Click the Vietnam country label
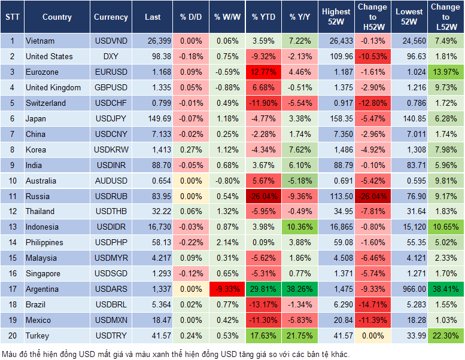coord(40,41)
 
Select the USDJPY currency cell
coord(111,118)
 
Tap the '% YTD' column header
coord(263,17)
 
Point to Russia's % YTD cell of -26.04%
coord(263,196)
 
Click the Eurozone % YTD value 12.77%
coord(263,72)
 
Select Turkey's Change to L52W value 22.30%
coord(445,336)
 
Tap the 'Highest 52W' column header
coord(336,17)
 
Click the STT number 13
coord(11,227)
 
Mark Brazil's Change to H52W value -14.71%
coord(372,305)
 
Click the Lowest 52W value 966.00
coord(409,289)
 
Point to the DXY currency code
coord(111,56)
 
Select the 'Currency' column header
coord(111,17)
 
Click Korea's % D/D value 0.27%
coord(191,150)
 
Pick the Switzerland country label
coord(45,103)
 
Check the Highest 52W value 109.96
coord(336,56)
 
